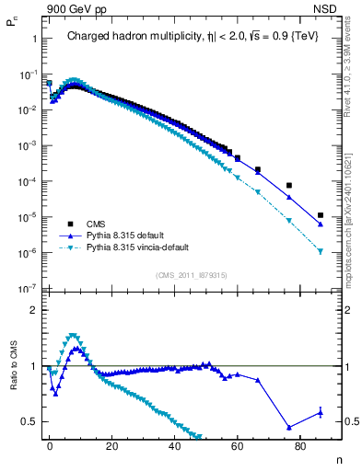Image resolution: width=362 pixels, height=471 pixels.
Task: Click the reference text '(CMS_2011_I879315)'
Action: click(x=192, y=275)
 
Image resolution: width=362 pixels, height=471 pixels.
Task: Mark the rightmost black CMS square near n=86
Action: click(x=321, y=215)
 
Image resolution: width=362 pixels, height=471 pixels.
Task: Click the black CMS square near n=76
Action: click(x=289, y=185)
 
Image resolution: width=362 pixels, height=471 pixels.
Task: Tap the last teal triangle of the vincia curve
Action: click(x=321, y=251)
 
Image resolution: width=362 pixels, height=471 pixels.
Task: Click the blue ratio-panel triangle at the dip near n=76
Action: click(x=289, y=427)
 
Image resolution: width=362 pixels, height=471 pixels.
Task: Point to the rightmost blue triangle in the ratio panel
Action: click(x=321, y=412)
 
